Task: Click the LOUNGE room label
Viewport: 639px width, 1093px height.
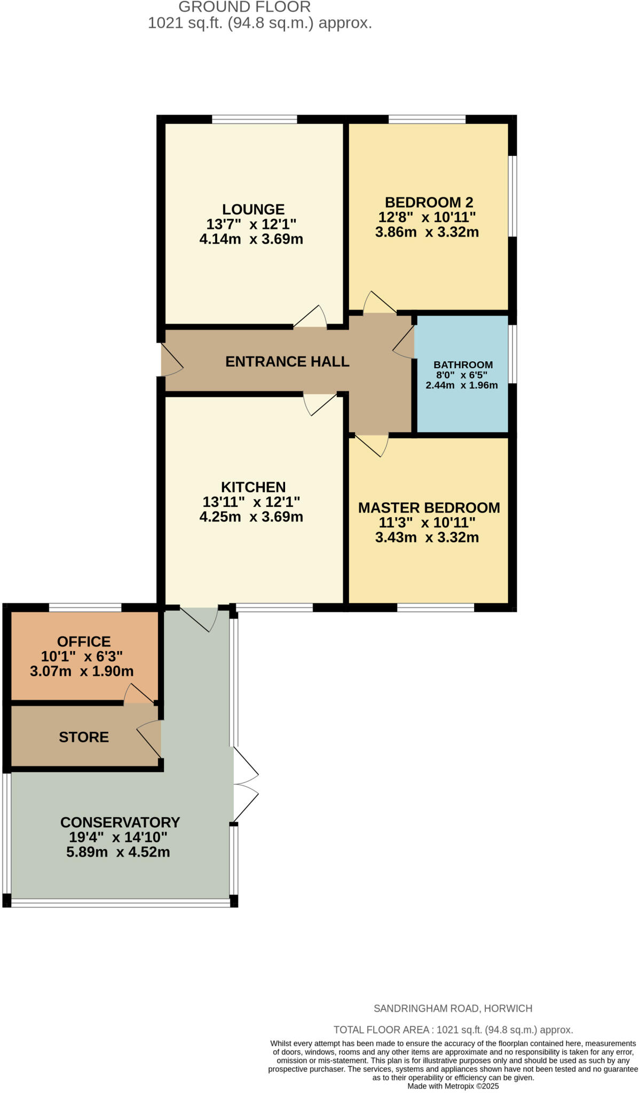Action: pyautogui.click(x=253, y=209)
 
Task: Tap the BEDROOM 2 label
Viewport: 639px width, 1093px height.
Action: pyautogui.click(x=429, y=202)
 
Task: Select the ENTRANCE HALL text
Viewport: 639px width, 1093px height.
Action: pyautogui.click(x=287, y=361)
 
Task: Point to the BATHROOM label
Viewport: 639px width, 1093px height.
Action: pyautogui.click(x=463, y=365)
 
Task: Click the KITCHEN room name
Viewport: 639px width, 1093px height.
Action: pyautogui.click(x=253, y=487)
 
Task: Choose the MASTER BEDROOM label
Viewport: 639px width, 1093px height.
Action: pyautogui.click(x=429, y=508)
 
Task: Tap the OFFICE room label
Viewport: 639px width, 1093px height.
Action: pyautogui.click(x=84, y=641)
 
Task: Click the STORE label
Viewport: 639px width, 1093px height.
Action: pyautogui.click(x=84, y=737)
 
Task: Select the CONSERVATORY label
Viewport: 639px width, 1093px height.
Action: pyautogui.click(x=120, y=822)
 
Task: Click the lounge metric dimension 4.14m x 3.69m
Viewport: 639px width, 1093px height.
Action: pyautogui.click(x=251, y=239)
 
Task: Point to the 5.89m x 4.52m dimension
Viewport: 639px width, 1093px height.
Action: pyautogui.click(x=118, y=852)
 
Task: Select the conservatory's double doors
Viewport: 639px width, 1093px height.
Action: pyautogui.click(x=245, y=784)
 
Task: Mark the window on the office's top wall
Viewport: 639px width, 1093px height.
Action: pyautogui.click(x=85, y=607)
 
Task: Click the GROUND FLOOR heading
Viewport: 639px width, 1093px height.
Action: pyautogui.click(x=244, y=7)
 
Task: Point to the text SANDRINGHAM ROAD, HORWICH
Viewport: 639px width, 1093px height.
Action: pyautogui.click(x=453, y=1009)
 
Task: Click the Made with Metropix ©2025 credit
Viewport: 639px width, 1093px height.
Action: pyautogui.click(x=453, y=1086)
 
